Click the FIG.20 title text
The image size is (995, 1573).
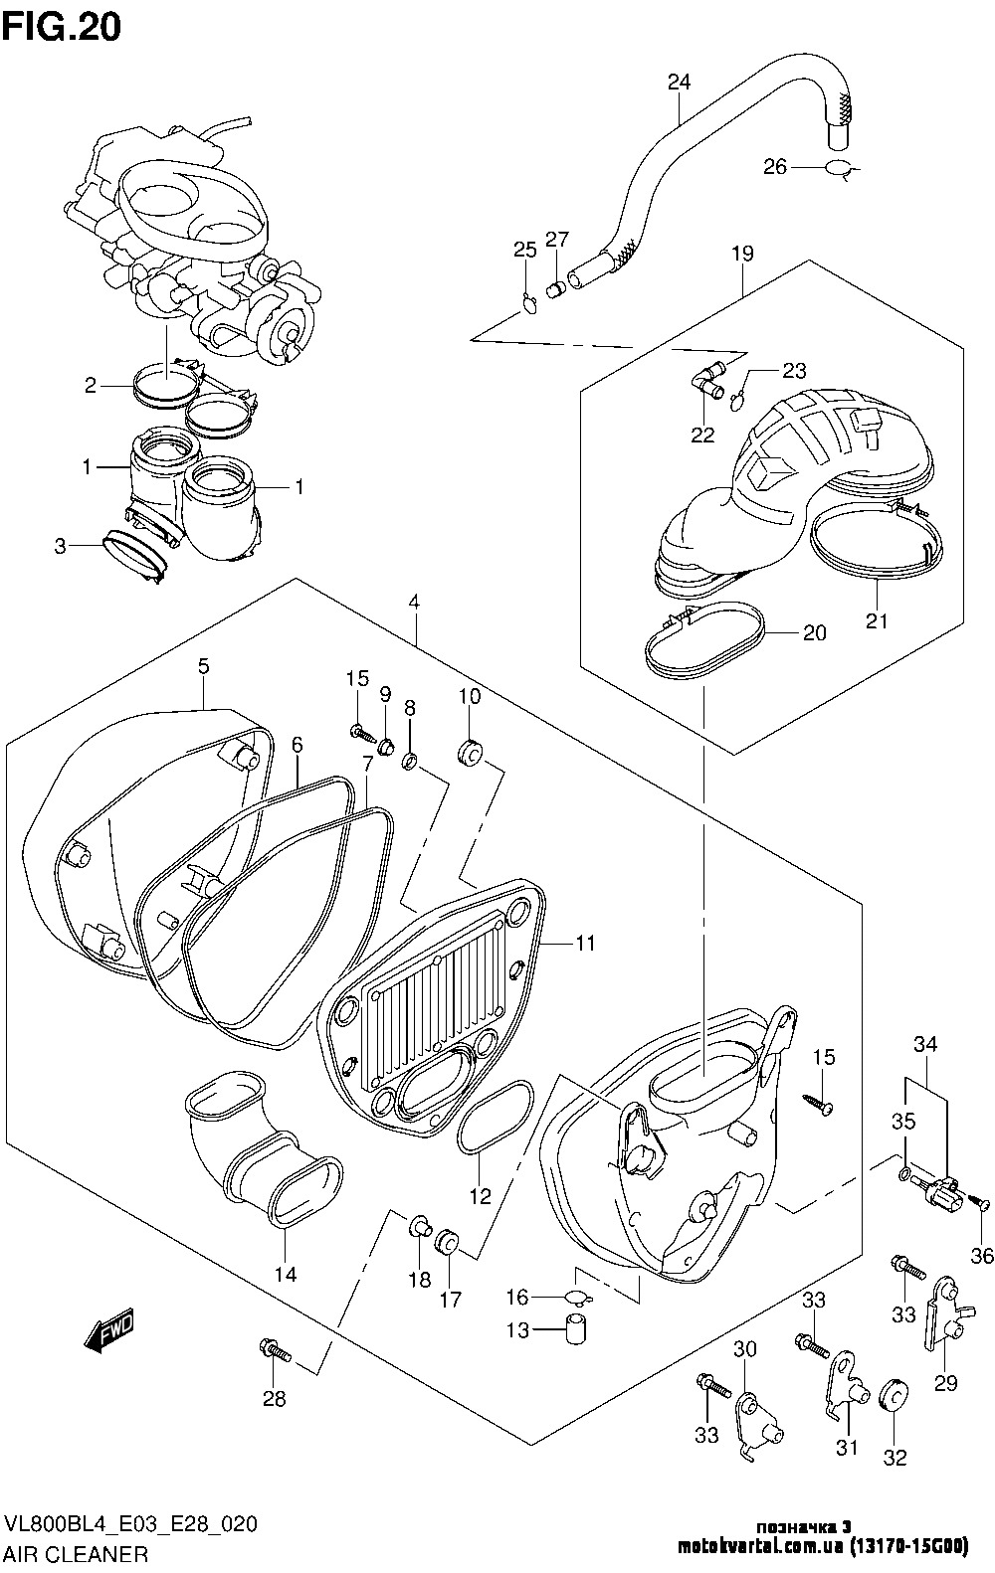click(x=62, y=27)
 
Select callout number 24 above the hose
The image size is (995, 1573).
click(x=679, y=83)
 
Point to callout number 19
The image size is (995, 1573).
click(x=742, y=253)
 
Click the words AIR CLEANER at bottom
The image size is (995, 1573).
click(x=77, y=1553)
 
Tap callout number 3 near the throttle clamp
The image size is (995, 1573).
click(x=61, y=545)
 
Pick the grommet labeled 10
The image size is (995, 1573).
click(x=470, y=755)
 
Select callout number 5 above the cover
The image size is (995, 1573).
click(x=203, y=666)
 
